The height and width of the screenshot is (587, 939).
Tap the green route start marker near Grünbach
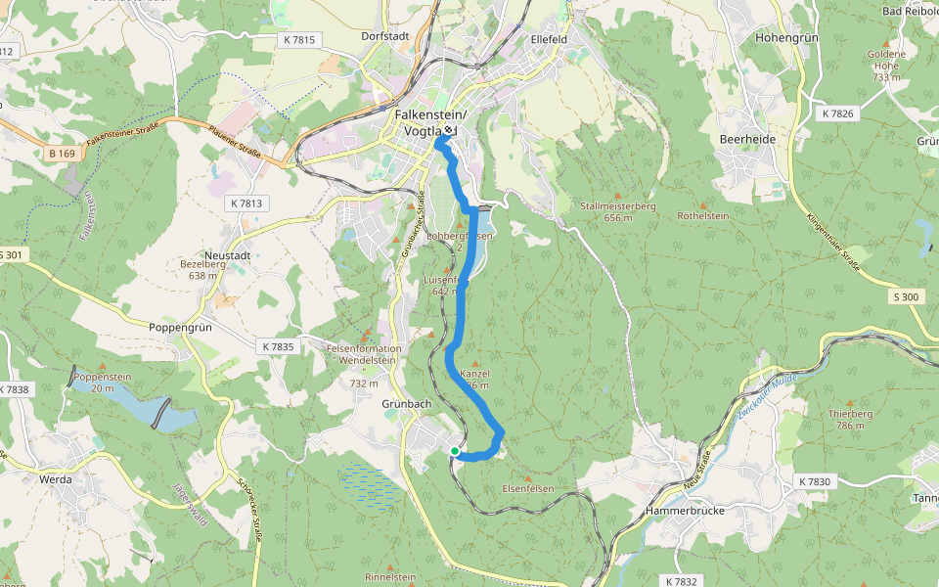(455, 451)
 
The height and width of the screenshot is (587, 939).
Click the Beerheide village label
(747, 140)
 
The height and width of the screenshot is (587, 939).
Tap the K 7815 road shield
(298, 40)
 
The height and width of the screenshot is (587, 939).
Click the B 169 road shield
(61, 154)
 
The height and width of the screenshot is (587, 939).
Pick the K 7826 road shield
(837, 114)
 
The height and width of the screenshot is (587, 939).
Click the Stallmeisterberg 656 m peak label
(617, 212)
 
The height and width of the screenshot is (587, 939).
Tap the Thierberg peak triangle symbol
(849, 402)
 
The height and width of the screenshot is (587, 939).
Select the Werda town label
(56, 480)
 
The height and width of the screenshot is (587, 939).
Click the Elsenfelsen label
(528, 488)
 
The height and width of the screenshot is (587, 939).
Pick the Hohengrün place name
(786, 38)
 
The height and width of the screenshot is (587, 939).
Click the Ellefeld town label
(549, 39)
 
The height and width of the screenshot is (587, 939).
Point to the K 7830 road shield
(814, 482)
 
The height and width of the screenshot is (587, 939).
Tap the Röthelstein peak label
(704, 215)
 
